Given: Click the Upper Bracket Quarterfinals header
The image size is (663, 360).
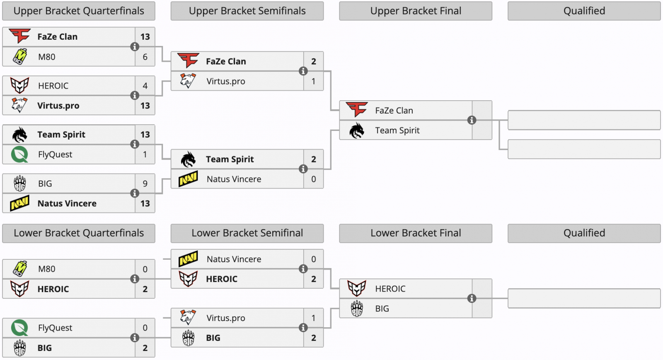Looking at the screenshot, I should (79, 11).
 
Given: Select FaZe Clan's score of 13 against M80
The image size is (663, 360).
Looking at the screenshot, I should (145, 37).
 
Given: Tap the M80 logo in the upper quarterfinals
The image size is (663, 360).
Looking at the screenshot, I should (19, 57).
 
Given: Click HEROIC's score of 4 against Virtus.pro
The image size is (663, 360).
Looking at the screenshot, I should (145, 86).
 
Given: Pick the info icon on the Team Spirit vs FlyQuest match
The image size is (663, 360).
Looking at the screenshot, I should (135, 144).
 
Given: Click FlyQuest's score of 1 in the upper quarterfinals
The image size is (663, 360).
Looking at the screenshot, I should (145, 155).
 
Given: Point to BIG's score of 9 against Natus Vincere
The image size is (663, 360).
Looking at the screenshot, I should (145, 184).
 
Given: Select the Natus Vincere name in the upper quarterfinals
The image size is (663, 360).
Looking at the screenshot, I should (67, 203).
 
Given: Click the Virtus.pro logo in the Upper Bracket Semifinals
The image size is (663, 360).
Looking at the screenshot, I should (188, 81).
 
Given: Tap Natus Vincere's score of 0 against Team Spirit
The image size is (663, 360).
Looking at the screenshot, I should (314, 179).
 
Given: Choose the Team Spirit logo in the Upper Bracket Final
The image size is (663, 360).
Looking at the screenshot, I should (357, 130).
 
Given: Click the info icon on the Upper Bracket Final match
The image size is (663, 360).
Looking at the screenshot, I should (472, 120).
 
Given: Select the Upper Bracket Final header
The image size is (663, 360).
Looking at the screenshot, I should (416, 11).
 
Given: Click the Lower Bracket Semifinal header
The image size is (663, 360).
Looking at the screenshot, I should (247, 233).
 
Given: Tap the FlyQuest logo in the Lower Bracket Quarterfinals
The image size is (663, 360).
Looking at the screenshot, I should (19, 328).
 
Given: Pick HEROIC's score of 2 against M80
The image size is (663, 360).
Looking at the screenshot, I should (145, 289).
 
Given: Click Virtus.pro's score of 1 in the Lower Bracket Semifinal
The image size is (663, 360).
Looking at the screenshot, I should (314, 318).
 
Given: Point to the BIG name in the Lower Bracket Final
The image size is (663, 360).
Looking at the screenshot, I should (382, 309).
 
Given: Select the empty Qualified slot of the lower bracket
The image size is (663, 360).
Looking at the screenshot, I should (584, 298).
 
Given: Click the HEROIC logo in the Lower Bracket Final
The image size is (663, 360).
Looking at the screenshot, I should (357, 288).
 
